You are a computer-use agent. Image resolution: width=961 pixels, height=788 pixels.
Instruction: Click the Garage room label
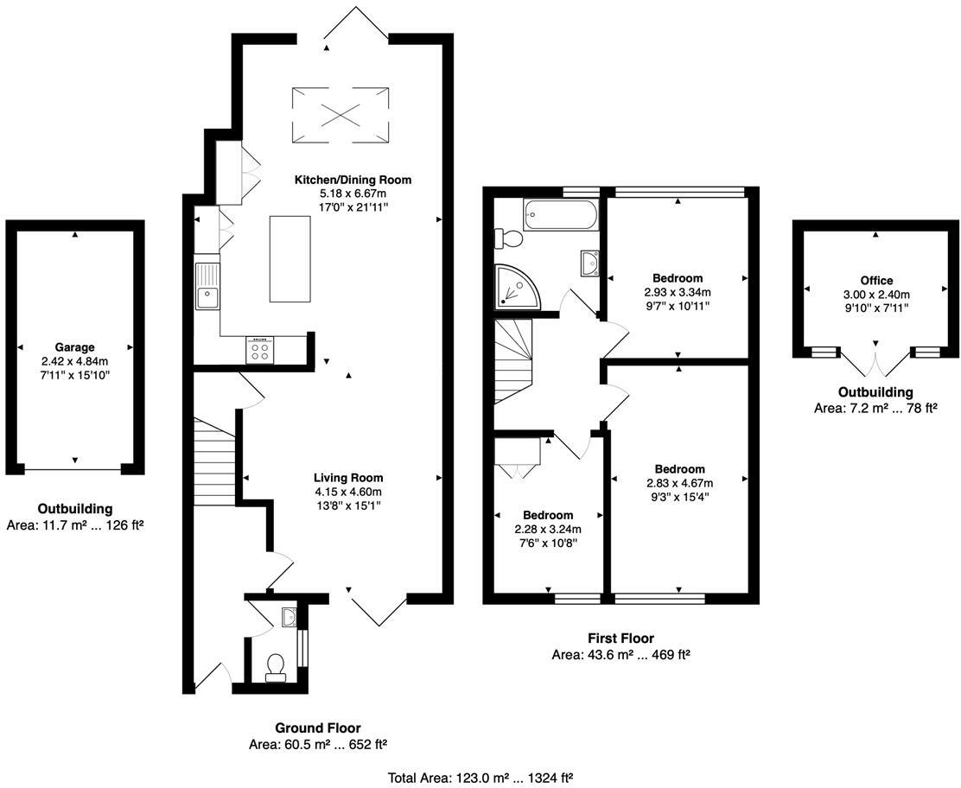[x=74, y=347]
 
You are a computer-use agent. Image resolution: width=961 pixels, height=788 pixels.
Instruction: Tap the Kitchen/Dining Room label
[x=353, y=180]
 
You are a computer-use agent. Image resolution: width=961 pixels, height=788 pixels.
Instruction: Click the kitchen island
[x=290, y=258]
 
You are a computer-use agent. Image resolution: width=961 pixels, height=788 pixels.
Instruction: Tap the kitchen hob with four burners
[x=259, y=349]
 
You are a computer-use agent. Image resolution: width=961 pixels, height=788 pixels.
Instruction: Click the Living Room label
[x=347, y=477]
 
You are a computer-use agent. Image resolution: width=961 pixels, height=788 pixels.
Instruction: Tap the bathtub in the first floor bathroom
[x=561, y=215]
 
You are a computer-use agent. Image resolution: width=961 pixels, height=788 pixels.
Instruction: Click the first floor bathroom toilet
[x=506, y=238]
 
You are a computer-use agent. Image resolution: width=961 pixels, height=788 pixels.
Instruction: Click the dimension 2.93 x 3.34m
[x=677, y=292]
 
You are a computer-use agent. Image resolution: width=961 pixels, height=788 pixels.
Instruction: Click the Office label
[x=876, y=281]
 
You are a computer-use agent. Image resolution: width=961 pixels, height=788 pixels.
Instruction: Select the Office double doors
[x=876, y=365]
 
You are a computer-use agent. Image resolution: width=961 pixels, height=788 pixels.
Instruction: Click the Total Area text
[x=481, y=777]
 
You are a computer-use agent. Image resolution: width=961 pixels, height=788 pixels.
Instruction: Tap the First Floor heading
[x=621, y=638]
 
